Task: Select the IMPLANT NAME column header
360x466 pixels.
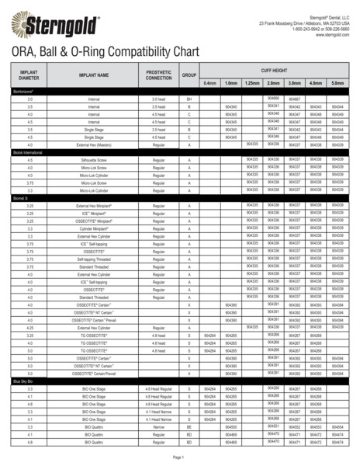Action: [x=93, y=76]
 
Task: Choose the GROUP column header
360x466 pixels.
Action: [x=189, y=76]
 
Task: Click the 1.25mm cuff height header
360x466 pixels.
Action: [x=251, y=82]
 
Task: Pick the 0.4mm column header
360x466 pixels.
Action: [x=209, y=82]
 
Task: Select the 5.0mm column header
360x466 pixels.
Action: [x=337, y=82]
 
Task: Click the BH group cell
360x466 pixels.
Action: [x=189, y=99]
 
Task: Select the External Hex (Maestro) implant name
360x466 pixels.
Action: [x=93, y=144]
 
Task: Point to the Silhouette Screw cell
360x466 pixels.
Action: [x=93, y=160]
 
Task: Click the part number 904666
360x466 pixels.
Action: [x=273, y=99]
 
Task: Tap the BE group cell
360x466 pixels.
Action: [x=189, y=426]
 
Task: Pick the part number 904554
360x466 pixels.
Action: [x=337, y=426]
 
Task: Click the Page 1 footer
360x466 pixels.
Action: [x=178, y=457]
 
